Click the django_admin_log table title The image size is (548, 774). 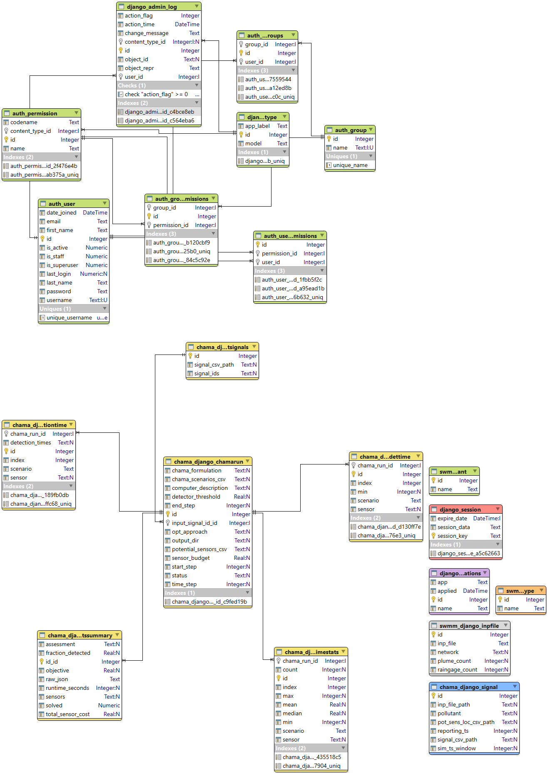tap(152, 7)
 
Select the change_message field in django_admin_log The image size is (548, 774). tap(147, 33)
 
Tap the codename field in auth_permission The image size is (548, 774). tap(24, 122)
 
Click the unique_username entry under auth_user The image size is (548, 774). tap(69, 317)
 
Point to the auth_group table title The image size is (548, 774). tap(351, 130)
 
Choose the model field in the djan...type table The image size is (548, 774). tap(253, 143)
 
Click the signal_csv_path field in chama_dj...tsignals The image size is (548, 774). tap(214, 365)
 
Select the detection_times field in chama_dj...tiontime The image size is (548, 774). tap(31, 442)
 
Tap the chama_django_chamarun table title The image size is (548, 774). tap(208, 462)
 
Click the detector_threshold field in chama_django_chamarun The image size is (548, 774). tap(196, 497)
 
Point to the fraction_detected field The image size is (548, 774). tap(68, 653)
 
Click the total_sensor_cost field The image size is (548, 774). tap(67, 714)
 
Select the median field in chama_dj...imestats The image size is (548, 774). tap(292, 713)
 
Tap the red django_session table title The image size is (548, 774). tap(460, 509)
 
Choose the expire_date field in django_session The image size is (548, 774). tap(452, 518)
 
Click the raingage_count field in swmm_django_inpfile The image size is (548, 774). tap(457, 669)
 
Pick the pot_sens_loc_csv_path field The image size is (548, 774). tap(466, 722)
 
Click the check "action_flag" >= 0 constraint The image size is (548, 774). tap(156, 94)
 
